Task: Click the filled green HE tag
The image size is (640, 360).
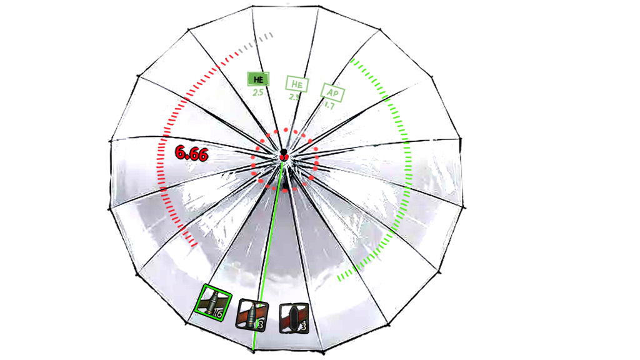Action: [x=258, y=79]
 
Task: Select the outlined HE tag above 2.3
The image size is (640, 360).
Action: [x=297, y=83]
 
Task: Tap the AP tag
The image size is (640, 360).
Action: [x=333, y=92]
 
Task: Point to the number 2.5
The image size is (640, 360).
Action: [x=258, y=92]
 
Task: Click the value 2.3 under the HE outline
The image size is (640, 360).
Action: [x=294, y=97]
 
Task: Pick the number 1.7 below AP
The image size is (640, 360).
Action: [x=329, y=106]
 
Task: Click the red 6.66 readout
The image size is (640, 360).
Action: [x=191, y=153]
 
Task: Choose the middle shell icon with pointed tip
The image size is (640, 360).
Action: [x=251, y=315]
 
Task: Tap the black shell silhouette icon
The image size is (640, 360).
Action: [x=293, y=317]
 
